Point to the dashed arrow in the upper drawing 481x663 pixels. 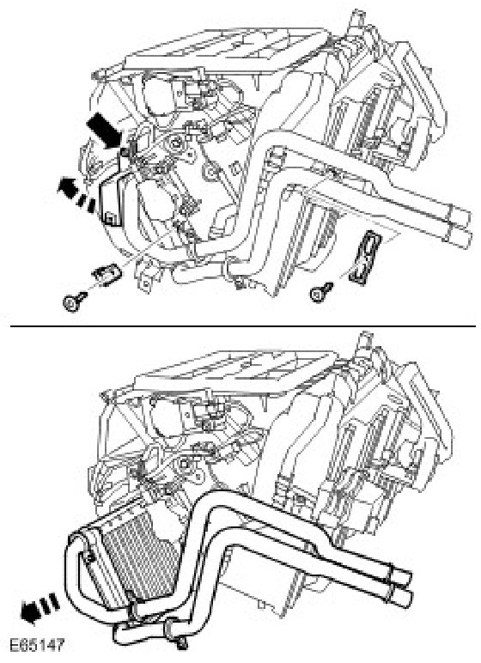(76, 194)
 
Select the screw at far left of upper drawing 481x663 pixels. (74, 301)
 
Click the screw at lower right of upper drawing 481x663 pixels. (320, 292)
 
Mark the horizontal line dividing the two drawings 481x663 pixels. (243, 326)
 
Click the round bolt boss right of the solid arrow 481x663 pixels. (174, 143)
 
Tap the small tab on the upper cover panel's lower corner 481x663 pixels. (109, 219)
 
